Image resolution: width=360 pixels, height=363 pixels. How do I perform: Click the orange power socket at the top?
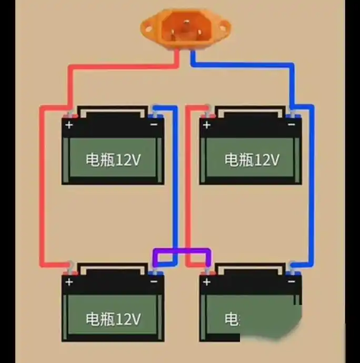pyautogui.click(x=186, y=28)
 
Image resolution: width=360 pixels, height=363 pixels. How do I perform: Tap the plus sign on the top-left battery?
pyautogui.click(x=69, y=125)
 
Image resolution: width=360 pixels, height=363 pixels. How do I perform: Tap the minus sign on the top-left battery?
pyautogui.click(x=154, y=125)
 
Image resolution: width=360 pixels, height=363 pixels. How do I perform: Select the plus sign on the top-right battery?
pyautogui.click(x=206, y=125)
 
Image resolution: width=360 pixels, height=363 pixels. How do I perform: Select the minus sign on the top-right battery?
pyautogui.click(x=291, y=125)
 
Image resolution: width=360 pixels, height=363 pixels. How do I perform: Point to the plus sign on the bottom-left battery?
pyautogui.click(x=69, y=282)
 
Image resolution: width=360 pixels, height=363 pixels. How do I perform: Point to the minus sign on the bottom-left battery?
pyautogui.click(x=154, y=281)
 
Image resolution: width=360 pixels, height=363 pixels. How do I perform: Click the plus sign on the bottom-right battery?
pyautogui.click(x=206, y=282)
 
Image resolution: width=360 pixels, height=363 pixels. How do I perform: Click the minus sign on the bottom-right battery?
pyautogui.click(x=291, y=281)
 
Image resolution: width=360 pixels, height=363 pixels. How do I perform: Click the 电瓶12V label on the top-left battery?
pyautogui.click(x=113, y=160)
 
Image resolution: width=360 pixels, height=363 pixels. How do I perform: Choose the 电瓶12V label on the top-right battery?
pyautogui.click(x=251, y=160)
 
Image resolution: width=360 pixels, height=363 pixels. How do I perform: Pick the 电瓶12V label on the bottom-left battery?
pyautogui.click(x=113, y=318)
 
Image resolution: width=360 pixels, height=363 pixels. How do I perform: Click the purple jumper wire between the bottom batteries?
pyautogui.click(x=182, y=251)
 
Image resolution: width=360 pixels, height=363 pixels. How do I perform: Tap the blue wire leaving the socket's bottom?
pyautogui.click(x=193, y=58)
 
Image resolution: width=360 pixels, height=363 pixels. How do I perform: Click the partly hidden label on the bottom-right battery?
pyautogui.click(x=232, y=319)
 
